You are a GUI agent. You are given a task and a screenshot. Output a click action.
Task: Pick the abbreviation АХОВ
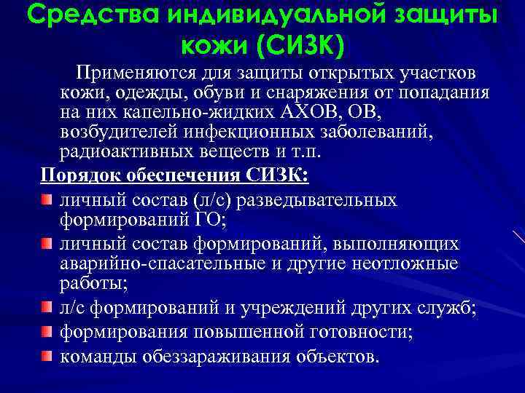pos(302,115)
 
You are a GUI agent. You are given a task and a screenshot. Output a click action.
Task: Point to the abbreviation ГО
pos(215,220)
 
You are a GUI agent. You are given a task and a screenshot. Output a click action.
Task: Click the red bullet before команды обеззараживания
pos(47,357)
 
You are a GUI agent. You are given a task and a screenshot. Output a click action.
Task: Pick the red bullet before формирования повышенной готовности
pos(47,333)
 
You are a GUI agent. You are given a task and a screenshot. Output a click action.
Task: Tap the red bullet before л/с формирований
pos(47,309)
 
